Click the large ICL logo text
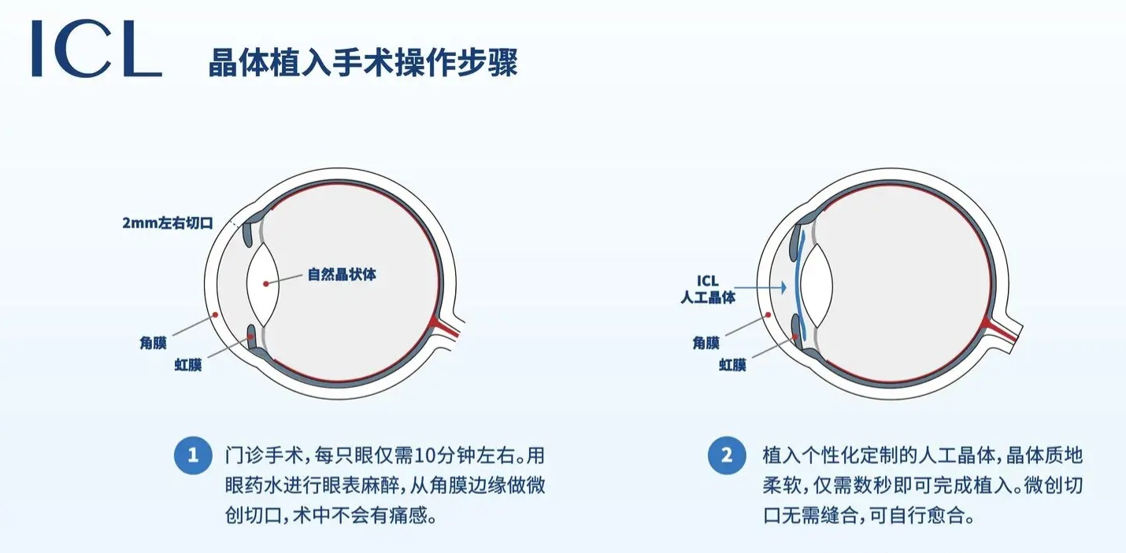point(97,48)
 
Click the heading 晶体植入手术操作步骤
point(363,63)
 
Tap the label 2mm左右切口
point(168,223)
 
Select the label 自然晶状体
point(342,275)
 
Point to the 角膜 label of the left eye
point(153,343)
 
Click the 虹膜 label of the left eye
point(188,365)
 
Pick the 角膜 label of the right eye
point(706,343)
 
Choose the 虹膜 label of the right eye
point(732,365)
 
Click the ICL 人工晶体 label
point(708,289)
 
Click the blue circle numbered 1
point(193,455)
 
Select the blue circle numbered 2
point(727,455)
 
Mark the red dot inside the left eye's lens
point(266,284)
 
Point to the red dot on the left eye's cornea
point(215,315)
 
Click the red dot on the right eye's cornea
point(768,315)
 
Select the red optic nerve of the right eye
point(999,331)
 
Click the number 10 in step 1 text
point(424,456)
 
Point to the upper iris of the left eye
point(248,233)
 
